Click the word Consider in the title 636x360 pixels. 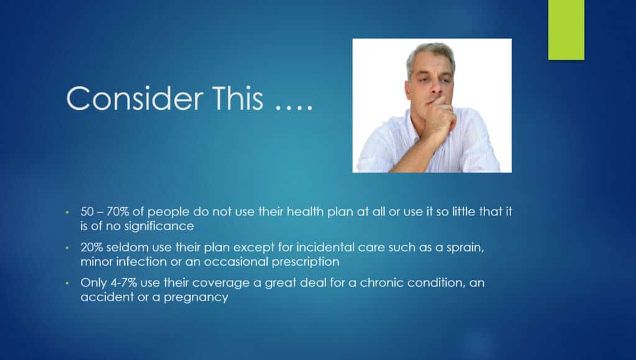[135, 98]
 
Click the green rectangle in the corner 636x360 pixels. [566, 30]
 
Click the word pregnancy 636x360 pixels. [196, 297]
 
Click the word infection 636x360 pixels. [141, 261]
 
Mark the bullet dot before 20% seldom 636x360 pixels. [67, 247]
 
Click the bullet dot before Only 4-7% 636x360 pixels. [67, 283]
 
